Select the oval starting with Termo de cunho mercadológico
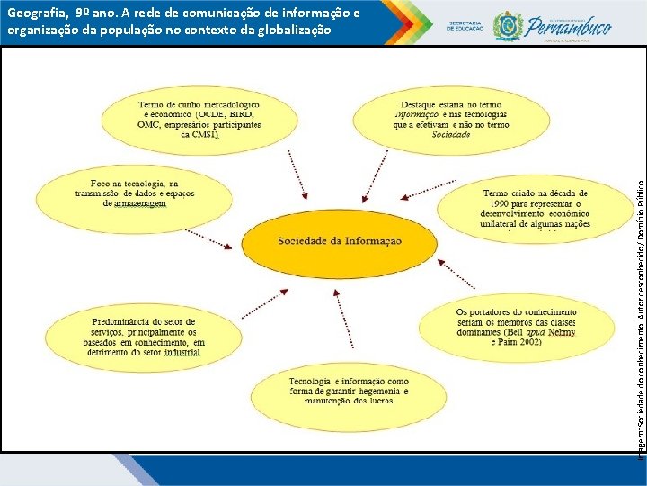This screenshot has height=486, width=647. [197, 121]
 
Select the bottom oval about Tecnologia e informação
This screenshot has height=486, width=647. [348, 391]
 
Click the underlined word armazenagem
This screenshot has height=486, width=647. [140, 204]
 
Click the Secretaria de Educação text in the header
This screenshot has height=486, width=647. [466, 26]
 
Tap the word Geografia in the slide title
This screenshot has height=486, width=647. [35, 13]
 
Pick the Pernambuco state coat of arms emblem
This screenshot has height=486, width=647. [508, 25]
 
